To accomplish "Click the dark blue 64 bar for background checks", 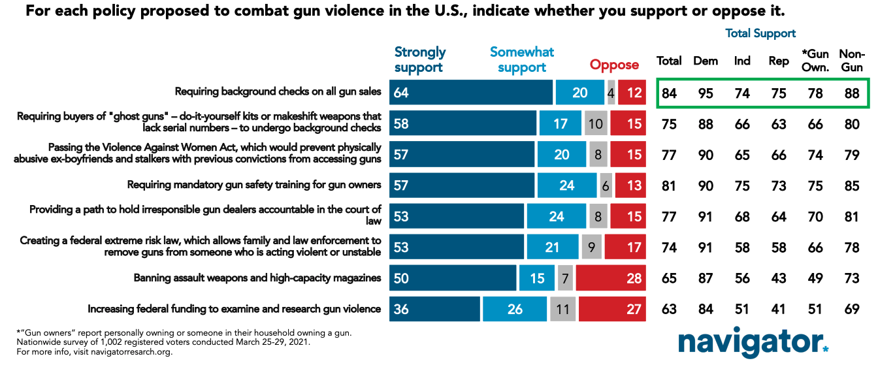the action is click(x=471, y=93).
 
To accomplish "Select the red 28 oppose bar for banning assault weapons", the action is click(x=611, y=278).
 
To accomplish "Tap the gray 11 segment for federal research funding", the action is click(x=562, y=309).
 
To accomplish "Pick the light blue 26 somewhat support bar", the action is click(x=515, y=309).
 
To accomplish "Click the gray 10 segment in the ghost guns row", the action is click(x=596, y=123).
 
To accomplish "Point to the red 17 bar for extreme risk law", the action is click(x=625, y=247).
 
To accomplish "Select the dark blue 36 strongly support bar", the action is click(x=434, y=309).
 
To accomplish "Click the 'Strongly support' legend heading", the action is click(x=420, y=59).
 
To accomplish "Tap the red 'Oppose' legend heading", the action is click(x=614, y=65).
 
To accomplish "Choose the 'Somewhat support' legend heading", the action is click(x=522, y=59).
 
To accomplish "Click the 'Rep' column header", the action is click(x=779, y=61).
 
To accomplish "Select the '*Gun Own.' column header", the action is click(x=815, y=61).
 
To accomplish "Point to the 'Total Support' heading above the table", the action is click(x=760, y=33).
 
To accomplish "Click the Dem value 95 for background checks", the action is click(x=706, y=93).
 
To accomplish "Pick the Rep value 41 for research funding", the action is click(x=778, y=309).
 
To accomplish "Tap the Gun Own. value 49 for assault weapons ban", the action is click(x=815, y=278).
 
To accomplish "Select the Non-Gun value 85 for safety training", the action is click(x=852, y=185).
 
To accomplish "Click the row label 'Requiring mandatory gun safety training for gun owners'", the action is click(x=254, y=185).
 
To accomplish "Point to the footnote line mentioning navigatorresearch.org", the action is click(x=95, y=352).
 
